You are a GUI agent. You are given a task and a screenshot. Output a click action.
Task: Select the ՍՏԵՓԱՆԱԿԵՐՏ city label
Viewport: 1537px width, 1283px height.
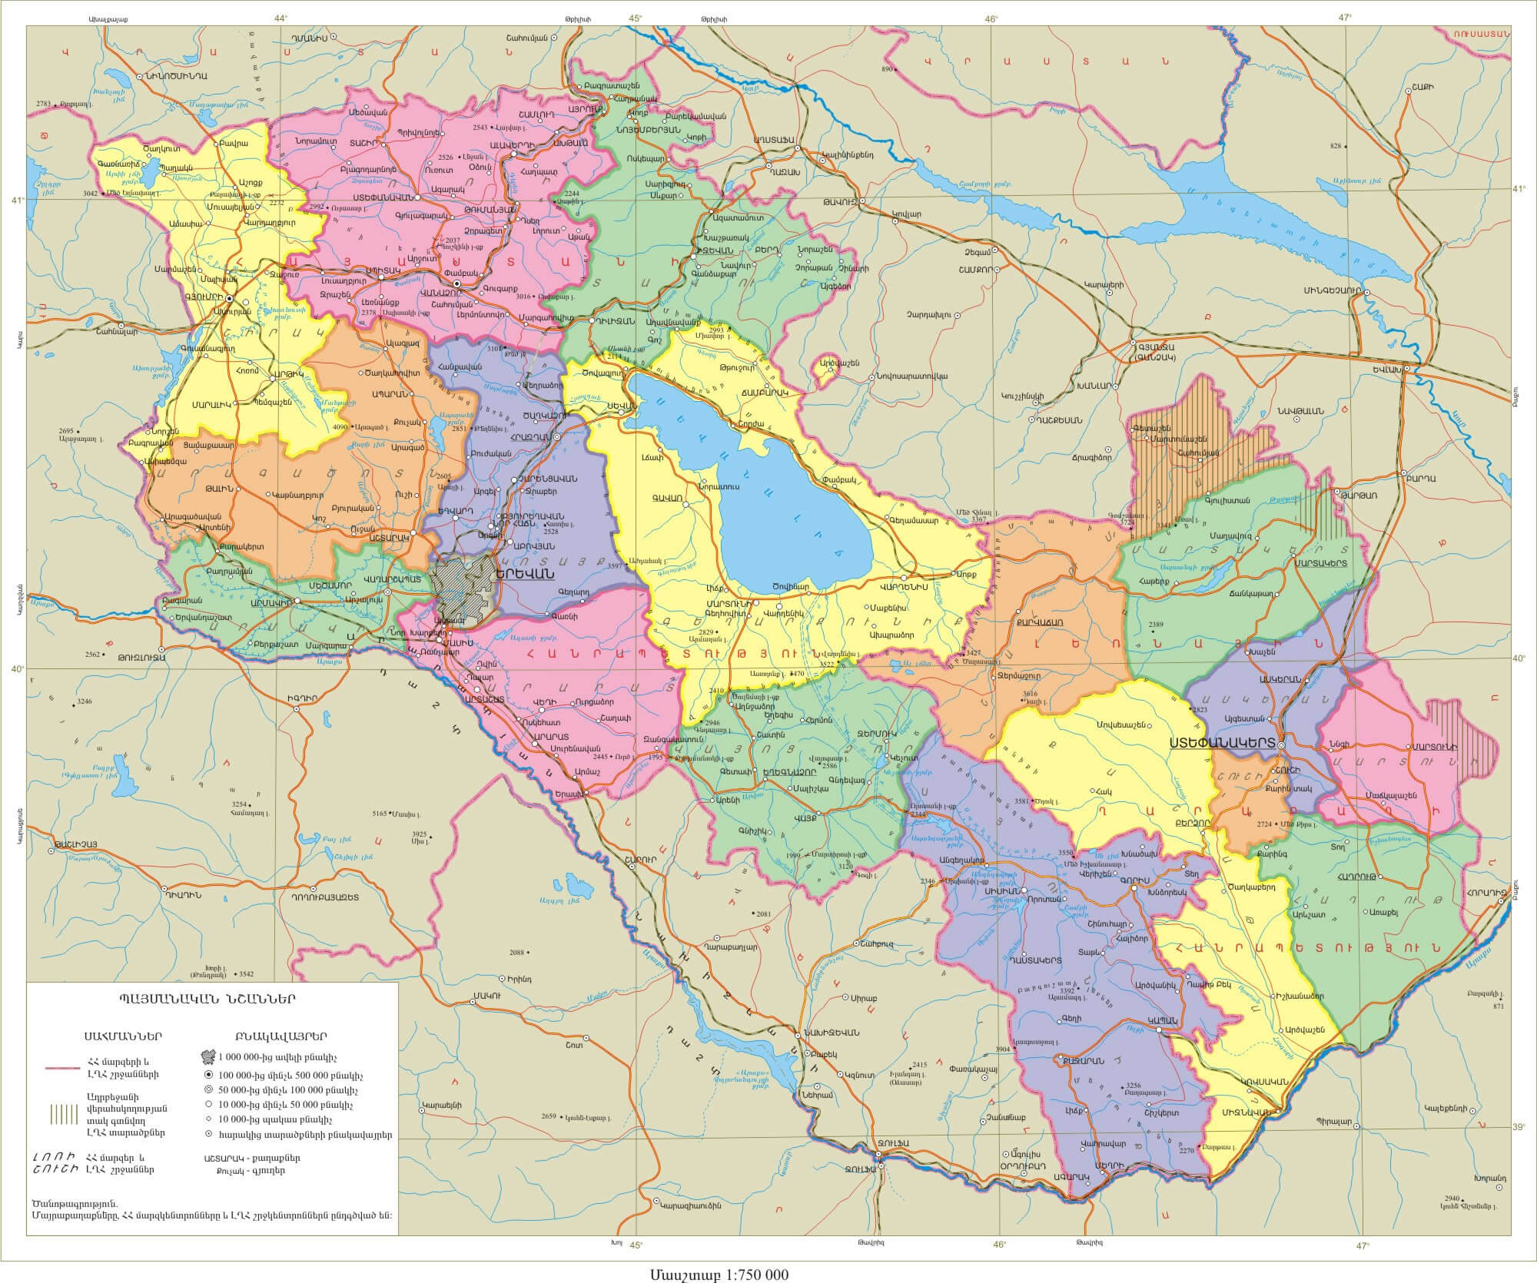click(1222, 744)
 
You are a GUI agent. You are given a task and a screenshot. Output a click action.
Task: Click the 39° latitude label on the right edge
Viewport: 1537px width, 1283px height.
click(1519, 1127)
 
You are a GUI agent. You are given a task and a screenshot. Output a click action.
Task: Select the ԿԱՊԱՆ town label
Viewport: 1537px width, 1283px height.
click(1160, 1020)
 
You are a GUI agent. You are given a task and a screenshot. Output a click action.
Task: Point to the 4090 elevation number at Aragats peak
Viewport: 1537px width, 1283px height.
click(340, 426)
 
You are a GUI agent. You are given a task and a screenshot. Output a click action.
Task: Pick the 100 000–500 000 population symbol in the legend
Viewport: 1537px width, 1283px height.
click(211, 1075)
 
